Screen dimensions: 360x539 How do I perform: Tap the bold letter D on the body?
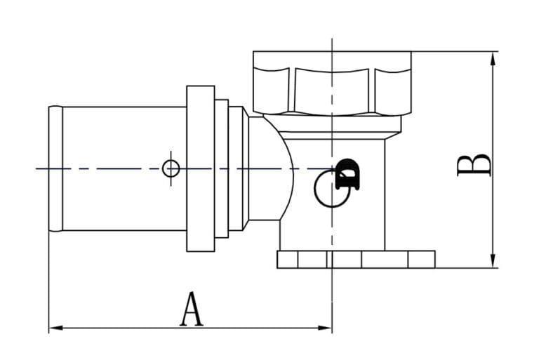(x=347, y=175)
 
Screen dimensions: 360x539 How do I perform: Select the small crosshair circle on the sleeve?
(x=171, y=168)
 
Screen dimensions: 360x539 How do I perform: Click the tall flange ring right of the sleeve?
(x=200, y=168)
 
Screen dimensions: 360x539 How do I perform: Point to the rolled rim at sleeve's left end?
(x=55, y=168)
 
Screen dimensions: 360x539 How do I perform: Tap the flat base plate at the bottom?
(x=356, y=260)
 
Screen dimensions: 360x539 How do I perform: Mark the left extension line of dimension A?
(x=48, y=281)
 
